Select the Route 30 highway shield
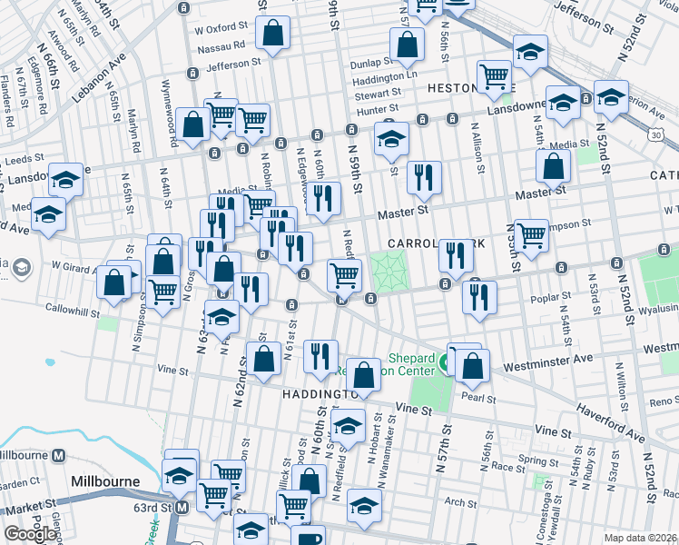point(667,134)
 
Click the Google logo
point(30,534)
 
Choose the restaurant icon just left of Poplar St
point(479,297)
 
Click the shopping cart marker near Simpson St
point(531,235)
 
